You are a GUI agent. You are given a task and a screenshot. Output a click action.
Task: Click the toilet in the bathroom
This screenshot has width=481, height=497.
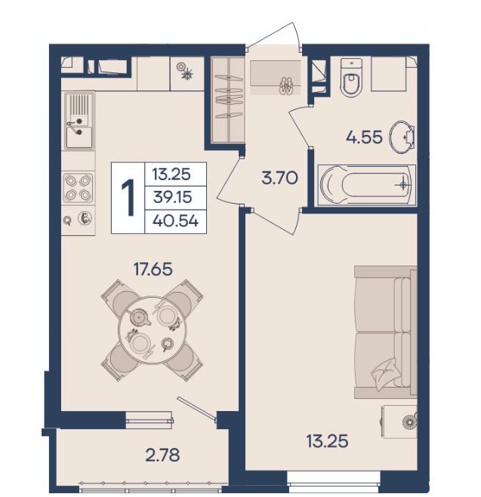point(351,78)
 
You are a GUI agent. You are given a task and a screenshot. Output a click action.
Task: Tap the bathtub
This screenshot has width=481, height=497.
point(367,186)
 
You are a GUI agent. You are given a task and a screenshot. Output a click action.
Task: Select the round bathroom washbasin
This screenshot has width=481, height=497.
point(402,137)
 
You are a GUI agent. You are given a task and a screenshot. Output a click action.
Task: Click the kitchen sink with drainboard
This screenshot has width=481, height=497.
point(79,121)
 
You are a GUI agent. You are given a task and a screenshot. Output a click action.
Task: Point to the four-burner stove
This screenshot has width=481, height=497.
point(79,189)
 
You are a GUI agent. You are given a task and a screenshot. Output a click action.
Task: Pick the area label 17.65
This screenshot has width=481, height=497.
point(153,269)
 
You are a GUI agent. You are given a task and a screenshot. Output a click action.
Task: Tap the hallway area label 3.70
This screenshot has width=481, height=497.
point(279,178)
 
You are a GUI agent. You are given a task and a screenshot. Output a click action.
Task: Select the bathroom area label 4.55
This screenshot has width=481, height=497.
point(364,137)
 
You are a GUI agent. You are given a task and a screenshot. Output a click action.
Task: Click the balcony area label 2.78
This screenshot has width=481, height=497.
point(162,456)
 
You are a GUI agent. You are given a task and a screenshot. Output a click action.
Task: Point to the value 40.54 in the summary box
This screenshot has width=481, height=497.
point(175,221)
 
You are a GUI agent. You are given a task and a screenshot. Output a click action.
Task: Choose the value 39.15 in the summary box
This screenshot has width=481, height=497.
point(173,197)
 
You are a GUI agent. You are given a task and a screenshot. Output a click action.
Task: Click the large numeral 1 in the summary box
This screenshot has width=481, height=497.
point(128,197)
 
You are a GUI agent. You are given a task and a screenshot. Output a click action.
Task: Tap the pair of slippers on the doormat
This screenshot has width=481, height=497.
point(286,86)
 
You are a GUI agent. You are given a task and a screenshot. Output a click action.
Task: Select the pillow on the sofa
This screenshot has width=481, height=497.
point(384,375)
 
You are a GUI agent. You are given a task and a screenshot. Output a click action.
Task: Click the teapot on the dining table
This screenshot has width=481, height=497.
point(139,317)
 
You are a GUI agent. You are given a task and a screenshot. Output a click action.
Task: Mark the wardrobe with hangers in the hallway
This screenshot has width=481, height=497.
point(228,100)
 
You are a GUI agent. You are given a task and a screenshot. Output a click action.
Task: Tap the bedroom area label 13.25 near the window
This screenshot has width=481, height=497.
point(327,441)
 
